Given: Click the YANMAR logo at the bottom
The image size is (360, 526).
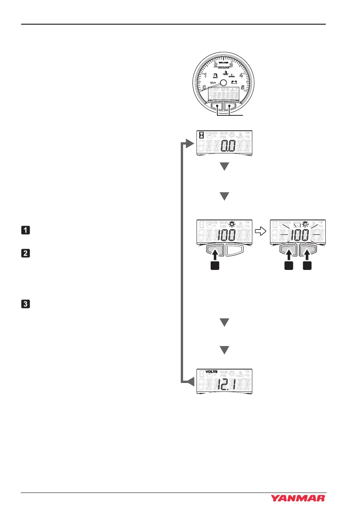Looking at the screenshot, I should (298, 498).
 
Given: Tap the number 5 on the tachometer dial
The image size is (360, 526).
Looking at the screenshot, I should (243, 87).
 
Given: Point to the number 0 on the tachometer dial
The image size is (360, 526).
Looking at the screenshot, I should (204, 87).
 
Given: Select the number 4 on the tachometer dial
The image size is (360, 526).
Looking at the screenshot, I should (241, 75).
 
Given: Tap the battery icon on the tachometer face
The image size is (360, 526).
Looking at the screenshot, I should (233, 82).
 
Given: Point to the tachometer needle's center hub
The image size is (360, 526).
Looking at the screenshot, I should (223, 82).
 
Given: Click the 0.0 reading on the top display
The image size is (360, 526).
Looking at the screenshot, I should (227, 146).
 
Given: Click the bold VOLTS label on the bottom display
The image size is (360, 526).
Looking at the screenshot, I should (212, 372).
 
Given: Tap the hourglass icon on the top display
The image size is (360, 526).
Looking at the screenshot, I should (202, 135).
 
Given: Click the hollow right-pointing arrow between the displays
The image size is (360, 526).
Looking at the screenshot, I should (261, 231).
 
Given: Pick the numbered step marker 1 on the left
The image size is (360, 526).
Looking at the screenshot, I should (25, 230).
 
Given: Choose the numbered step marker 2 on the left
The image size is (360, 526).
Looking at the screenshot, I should (25, 253).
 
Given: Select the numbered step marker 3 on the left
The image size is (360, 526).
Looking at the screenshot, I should (25, 304).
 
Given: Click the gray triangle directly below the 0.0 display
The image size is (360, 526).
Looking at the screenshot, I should (224, 166).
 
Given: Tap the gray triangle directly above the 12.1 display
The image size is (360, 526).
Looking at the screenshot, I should (224, 350).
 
